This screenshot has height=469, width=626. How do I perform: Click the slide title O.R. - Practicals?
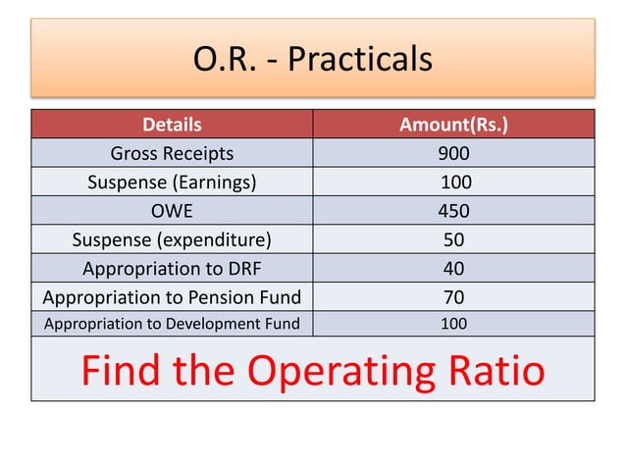pos(313,59)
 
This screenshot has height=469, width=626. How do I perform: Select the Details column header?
pos(172,125)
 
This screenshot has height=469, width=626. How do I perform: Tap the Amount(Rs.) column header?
pos(453,125)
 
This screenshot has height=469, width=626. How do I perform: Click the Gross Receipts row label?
pos(172,153)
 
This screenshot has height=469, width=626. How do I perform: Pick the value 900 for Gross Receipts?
pos(453,153)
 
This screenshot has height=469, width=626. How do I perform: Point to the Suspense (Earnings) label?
pos(172,182)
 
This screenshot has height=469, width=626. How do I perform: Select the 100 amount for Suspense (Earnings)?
pos(456,182)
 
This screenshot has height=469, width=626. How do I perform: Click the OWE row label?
pos(172,210)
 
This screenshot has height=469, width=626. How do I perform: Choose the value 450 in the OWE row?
pos(453,210)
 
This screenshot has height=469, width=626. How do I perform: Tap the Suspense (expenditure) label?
pos(172,239)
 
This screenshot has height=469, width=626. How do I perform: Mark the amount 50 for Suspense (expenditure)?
pos(453,239)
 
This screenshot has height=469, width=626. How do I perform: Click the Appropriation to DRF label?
pos(172,268)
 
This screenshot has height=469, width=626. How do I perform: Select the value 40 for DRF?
pos(453,268)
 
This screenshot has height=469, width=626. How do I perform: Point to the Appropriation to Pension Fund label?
pos(172,296)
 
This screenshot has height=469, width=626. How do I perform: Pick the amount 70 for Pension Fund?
pos(453,296)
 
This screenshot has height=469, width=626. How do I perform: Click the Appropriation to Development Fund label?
pos(172,324)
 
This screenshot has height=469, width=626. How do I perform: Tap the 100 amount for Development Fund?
pos(453,324)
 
